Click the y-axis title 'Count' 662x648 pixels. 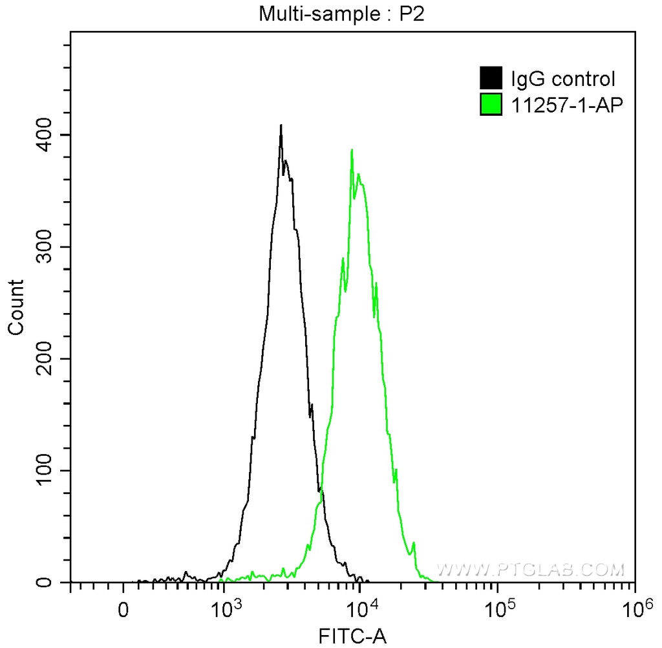[x=16, y=307]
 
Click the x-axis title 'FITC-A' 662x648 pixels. [x=353, y=636]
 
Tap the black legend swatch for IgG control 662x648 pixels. [x=491, y=79]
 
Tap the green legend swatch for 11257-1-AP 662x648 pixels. [x=491, y=103]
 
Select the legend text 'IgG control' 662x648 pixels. [x=562, y=80]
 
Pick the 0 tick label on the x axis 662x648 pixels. [x=123, y=610]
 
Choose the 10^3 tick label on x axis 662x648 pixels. [x=227, y=607]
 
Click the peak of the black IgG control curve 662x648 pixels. [x=281, y=126]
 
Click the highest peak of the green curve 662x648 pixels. [x=352, y=151]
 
